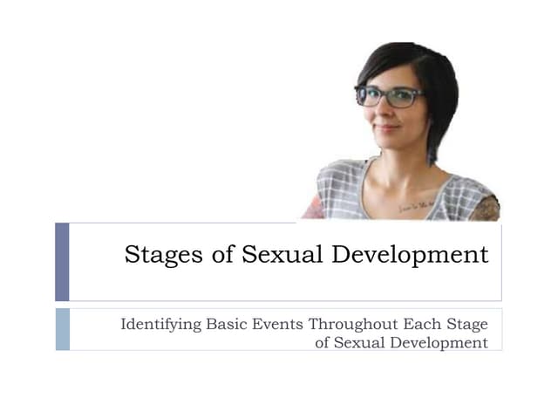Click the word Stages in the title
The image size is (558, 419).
pos(155,256)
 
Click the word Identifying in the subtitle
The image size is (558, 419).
pos(160,325)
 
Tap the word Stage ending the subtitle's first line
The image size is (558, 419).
pos(466,325)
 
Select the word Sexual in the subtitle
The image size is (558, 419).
pos(358,342)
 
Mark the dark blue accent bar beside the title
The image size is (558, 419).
pos(62,262)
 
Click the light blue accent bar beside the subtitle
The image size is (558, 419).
pos(62,329)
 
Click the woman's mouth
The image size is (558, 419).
pos(387,127)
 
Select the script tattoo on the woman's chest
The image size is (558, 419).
pos(417,205)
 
